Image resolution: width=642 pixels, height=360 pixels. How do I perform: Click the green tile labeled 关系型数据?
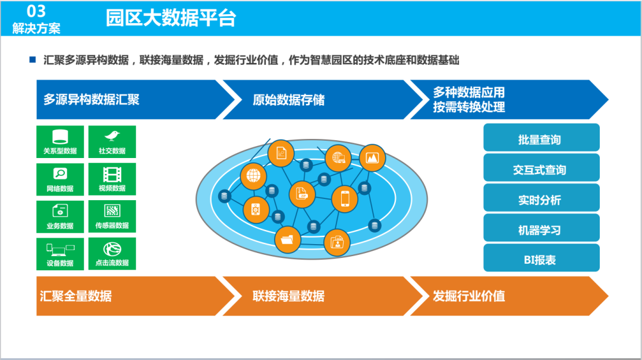click(x=60, y=142)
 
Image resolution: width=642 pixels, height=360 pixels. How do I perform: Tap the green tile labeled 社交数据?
click(x=112, y=142)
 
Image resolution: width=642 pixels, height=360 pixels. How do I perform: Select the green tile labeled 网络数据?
click(x=60, y=179)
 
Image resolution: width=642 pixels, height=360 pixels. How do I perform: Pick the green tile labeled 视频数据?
click(x=112, y=179)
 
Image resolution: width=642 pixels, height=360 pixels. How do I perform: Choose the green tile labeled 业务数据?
click(x=60, y=217)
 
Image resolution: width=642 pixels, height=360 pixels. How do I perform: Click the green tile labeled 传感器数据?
click(x=112, y=217)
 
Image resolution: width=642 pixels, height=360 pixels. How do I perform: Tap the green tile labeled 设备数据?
click(x=60, y=254)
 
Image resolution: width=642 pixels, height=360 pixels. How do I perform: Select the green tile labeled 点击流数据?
click(x=112, y=254)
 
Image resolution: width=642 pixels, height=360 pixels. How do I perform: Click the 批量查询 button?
click(x=541, y=138)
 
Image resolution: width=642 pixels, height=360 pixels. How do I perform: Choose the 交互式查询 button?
click(x=541, y=169)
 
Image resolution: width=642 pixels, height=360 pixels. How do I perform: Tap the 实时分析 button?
click(x=541, y=199)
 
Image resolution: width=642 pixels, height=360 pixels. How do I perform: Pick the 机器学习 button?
click(x=541, y=229)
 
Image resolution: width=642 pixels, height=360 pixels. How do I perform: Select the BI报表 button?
click(x=541, y=258)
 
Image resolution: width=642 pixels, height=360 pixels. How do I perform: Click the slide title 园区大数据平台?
click(x=171, y=18)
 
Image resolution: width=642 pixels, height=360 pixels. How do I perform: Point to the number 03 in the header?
click(x=36, y=10)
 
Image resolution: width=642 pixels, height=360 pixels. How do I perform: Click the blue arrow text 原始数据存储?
click(x=288, y=99)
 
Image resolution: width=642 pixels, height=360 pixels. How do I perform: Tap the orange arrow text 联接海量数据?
click(x=288, y=295)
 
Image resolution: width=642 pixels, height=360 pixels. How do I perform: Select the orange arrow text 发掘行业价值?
click(x=469, y=295)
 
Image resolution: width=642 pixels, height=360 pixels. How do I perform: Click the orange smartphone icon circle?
click(x=344, y=198)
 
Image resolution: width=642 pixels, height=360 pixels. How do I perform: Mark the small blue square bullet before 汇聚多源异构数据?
click(x=33, y=60)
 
